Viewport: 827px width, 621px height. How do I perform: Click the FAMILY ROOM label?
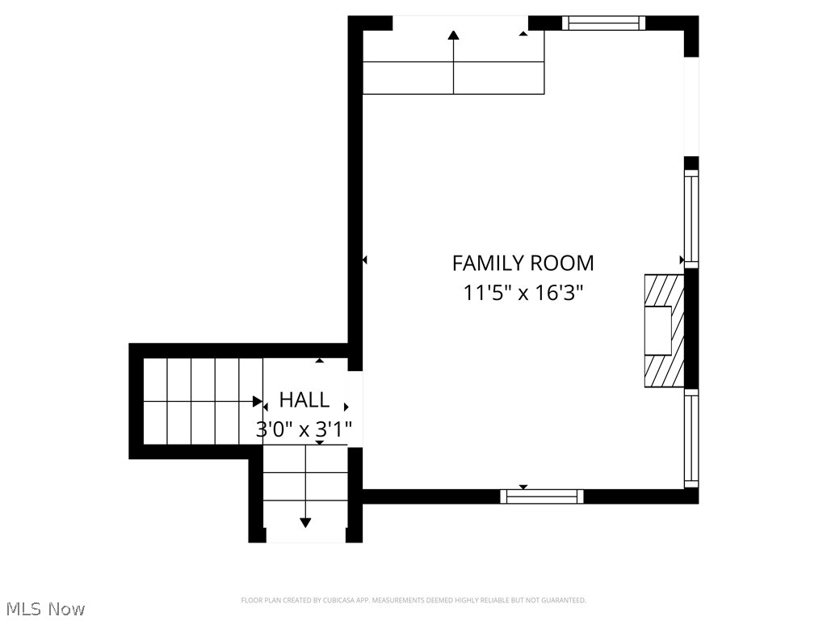click(523, 263)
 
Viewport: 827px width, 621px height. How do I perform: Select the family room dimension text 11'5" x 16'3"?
click(523, 292)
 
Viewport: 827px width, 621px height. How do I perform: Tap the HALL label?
click(304, 399)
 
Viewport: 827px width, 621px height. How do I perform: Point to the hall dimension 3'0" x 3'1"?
click(304, 429)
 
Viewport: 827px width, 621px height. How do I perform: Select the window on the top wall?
click(603, 23)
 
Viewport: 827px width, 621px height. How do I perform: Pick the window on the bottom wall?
click(542, 496)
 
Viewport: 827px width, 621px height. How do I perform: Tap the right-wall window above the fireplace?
click(691, 218)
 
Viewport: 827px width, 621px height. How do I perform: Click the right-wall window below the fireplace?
click(691, 438)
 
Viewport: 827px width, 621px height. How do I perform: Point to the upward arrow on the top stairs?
click(453, 36)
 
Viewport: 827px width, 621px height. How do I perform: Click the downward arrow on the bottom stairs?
click(305, 522)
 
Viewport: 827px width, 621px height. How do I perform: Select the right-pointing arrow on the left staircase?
click(257, 401)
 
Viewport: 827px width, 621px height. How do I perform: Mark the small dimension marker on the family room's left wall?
click(364, 260)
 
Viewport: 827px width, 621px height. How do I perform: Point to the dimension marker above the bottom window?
click(523, 487)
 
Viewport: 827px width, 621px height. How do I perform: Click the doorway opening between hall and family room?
click(355, 408)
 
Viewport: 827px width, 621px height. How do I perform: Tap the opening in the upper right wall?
click(691, 106)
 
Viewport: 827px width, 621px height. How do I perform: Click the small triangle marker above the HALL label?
click(320, 361)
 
